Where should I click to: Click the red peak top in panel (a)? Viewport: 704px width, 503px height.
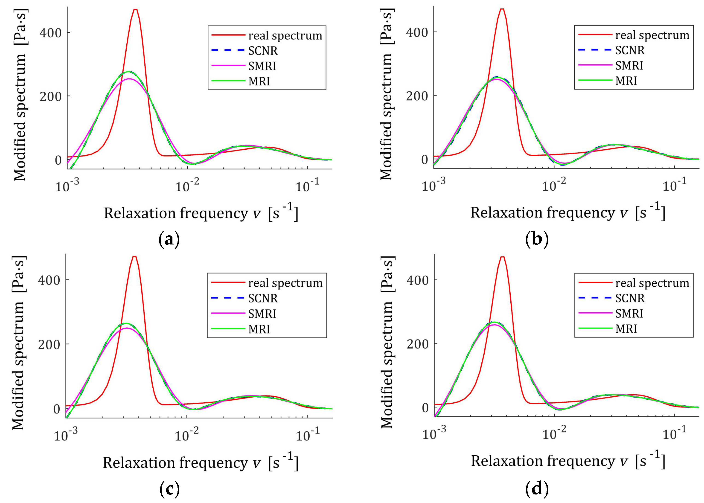click(x=135, y=10)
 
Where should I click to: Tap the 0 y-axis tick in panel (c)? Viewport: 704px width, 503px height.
click(x=56, y=409)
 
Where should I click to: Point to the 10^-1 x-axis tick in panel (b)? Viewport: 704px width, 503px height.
click(x=674, y=186)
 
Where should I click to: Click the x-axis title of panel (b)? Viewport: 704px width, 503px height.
click(x=567, y=212)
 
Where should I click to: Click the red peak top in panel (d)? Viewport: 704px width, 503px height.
click(x=502, y=257)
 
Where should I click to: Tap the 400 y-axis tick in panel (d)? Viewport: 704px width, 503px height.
click(x=417, y=280)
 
